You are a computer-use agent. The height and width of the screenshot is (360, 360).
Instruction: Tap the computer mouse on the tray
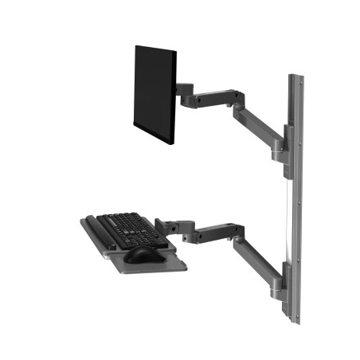coord(141,253)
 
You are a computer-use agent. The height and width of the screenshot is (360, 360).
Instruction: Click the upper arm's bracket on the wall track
coord(280,145)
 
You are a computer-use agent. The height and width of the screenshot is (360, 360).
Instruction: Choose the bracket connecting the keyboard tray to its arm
coord(169,226)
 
